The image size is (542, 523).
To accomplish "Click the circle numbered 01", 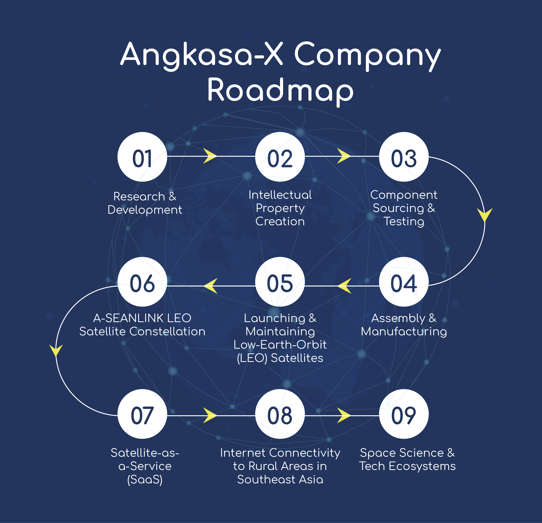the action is pyautogui.click(x=142, y=157).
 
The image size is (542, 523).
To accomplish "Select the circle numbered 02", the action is pyautogui.click(x=280, y=157).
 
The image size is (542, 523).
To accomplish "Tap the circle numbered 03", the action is pyautogui.click(x=404, y=157).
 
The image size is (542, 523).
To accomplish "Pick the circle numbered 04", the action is pyautogui.click(x=404, y=282).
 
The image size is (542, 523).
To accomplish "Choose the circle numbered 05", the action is pyautogui.click(x=280, y=282).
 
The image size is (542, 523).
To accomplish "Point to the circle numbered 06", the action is pyautogui.click(x=142, y=282).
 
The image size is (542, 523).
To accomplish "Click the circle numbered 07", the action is pyautogui.click(x=142, y=414).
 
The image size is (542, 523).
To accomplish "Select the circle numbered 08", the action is pyautogui.click(x=280, y=414).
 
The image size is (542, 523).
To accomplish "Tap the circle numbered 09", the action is pyautogui.click(x=404, y=414).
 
